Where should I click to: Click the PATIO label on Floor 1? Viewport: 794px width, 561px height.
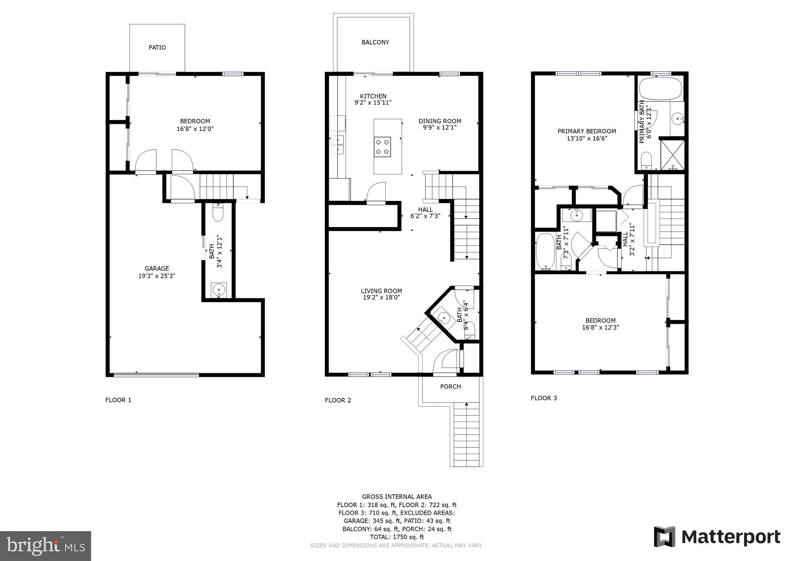[157, 47]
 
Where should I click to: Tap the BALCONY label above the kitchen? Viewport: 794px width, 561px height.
[375, 42]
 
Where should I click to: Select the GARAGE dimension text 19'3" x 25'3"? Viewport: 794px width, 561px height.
[157, 276]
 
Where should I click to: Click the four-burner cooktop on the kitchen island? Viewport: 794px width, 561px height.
[382, 147]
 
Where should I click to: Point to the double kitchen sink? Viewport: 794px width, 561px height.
[338, 144]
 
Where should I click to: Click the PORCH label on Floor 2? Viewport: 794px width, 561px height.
[450, 386]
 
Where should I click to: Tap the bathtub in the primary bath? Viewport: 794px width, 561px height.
[659, 89]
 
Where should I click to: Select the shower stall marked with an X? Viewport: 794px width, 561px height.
[672, 154]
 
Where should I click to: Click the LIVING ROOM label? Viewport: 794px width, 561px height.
[381, 291]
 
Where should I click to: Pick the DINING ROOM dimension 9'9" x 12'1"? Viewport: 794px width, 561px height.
[440, 127]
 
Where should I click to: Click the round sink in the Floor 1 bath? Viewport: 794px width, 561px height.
[218, 289]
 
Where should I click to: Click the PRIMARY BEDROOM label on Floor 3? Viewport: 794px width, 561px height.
[586, 131]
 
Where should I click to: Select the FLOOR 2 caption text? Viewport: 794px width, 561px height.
[338, 400]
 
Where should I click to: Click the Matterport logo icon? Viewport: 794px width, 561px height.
[665, 537]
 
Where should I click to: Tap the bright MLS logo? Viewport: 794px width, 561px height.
[45, 546]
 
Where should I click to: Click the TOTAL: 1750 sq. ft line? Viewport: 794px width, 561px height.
[396, 537]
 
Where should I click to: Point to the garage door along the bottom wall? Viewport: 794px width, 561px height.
[156, 375]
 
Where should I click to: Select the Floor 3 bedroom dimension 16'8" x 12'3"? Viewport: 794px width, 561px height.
[600, 327]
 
